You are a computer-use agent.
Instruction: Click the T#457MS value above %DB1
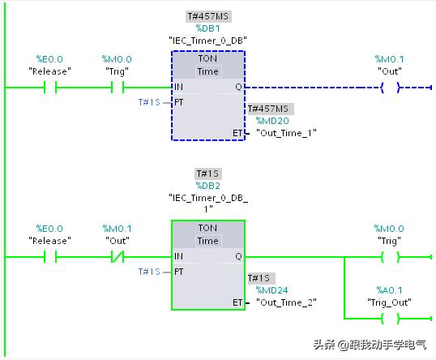207,16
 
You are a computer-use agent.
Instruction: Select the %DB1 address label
207,28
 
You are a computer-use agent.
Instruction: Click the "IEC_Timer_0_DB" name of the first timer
207,40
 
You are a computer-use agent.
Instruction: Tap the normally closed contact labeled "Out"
118,257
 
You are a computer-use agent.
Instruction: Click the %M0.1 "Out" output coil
390,87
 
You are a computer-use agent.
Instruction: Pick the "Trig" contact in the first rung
118,87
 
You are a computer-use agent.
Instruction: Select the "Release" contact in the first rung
49,87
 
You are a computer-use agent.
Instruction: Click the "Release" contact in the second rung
49,257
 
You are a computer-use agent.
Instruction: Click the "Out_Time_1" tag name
286,132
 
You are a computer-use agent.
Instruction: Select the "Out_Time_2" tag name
286,302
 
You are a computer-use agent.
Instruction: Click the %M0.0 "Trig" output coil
390,257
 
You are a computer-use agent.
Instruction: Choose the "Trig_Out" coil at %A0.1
390,318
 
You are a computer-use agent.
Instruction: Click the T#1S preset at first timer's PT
150,101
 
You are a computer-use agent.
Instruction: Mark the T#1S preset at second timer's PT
150,272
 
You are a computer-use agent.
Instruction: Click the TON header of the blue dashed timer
207,59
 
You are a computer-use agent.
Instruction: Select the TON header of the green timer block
207,229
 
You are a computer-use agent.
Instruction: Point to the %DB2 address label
207,185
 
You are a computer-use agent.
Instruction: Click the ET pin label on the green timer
237,302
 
